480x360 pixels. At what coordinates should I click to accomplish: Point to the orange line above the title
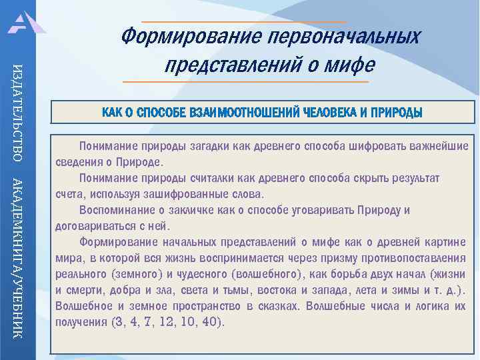244,22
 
